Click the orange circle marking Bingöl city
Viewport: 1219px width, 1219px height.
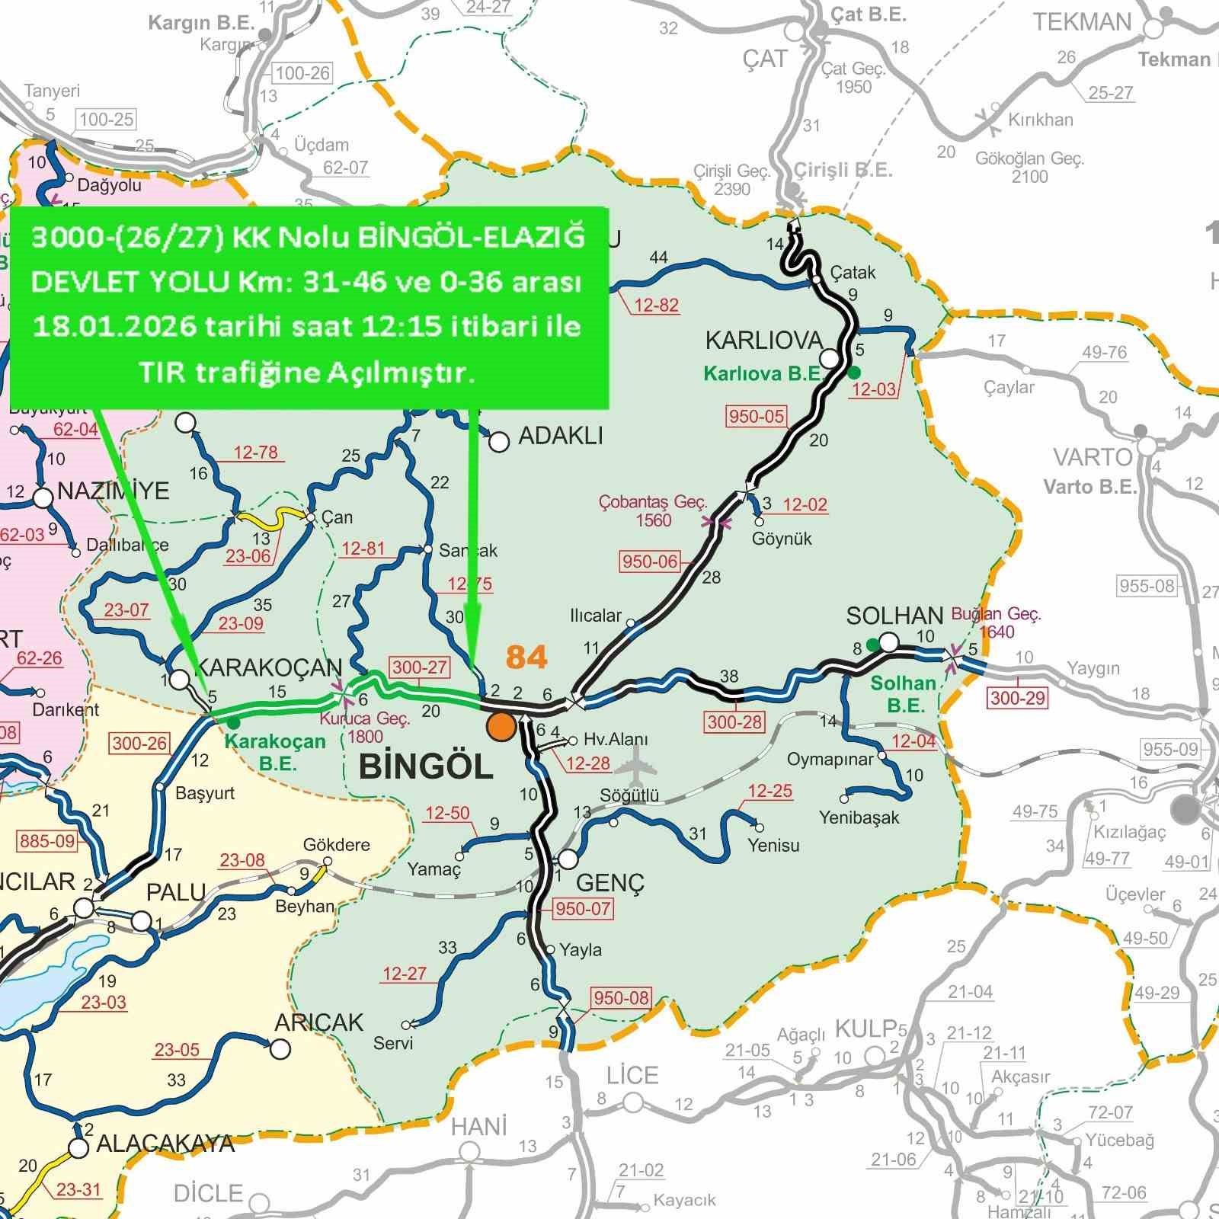click(501, 727)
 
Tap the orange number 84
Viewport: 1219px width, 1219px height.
click(526, 657)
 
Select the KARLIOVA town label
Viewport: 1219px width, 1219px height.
click(763, 340)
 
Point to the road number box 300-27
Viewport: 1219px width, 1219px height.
click(419, 667)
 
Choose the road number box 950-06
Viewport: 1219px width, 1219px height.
click(649, 562)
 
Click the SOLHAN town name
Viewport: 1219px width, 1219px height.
click(894, 615)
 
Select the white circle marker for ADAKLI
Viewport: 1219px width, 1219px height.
click(499, 442)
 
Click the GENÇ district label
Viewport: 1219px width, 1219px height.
click(609, 882)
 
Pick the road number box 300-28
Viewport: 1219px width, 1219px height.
click(734, 721)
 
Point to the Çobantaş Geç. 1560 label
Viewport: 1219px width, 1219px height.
click(653, 510)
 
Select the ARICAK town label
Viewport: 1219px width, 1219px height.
click(318, 1022)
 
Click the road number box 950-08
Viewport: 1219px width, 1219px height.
click(621, 998)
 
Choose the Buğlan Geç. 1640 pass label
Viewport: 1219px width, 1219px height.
click(996, 622)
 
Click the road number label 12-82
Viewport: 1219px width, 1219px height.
click(656, 306)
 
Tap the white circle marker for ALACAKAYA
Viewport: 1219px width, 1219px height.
click(78, 1148)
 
